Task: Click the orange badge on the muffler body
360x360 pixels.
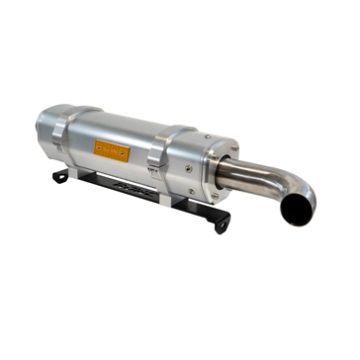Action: click(112, 150)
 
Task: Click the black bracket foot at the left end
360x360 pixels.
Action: click(60, 176)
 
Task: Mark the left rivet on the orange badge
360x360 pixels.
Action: click(99, 147)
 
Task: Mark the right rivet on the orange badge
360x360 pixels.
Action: click(125, 154)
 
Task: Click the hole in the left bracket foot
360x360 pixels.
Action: click(59, 177)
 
